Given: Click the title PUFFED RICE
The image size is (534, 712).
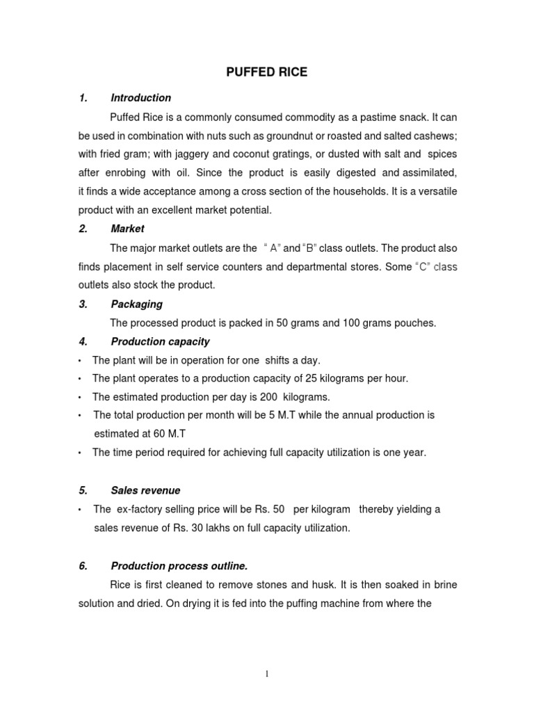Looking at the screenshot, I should (267, 72).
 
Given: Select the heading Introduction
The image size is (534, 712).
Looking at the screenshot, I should (140, 98).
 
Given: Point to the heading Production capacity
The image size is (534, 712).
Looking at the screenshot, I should (160, 341).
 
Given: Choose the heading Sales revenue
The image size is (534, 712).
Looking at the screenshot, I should (145, 490).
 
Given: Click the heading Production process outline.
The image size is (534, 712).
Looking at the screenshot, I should (179, 565).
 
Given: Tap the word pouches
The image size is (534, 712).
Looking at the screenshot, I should (414, 323).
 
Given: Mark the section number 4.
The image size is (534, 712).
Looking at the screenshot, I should (83, 341).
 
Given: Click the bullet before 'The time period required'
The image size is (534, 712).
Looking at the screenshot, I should (81, 453).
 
